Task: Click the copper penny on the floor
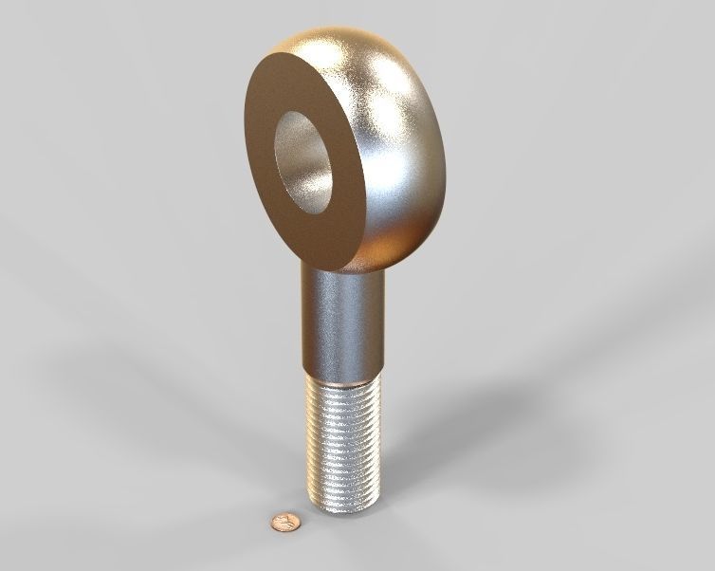click(x=284, y=522)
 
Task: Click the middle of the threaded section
click(x=343, y=441)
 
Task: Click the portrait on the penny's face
click(x=283, y=522)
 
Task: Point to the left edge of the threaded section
click(x=308, y=441)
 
